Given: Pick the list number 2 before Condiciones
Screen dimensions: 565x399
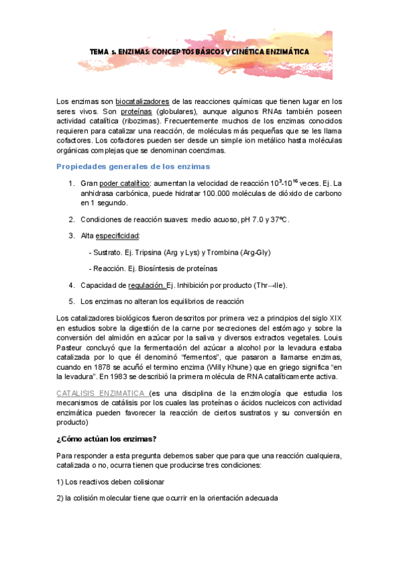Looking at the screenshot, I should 71,219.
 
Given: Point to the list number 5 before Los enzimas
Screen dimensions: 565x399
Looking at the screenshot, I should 71,301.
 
